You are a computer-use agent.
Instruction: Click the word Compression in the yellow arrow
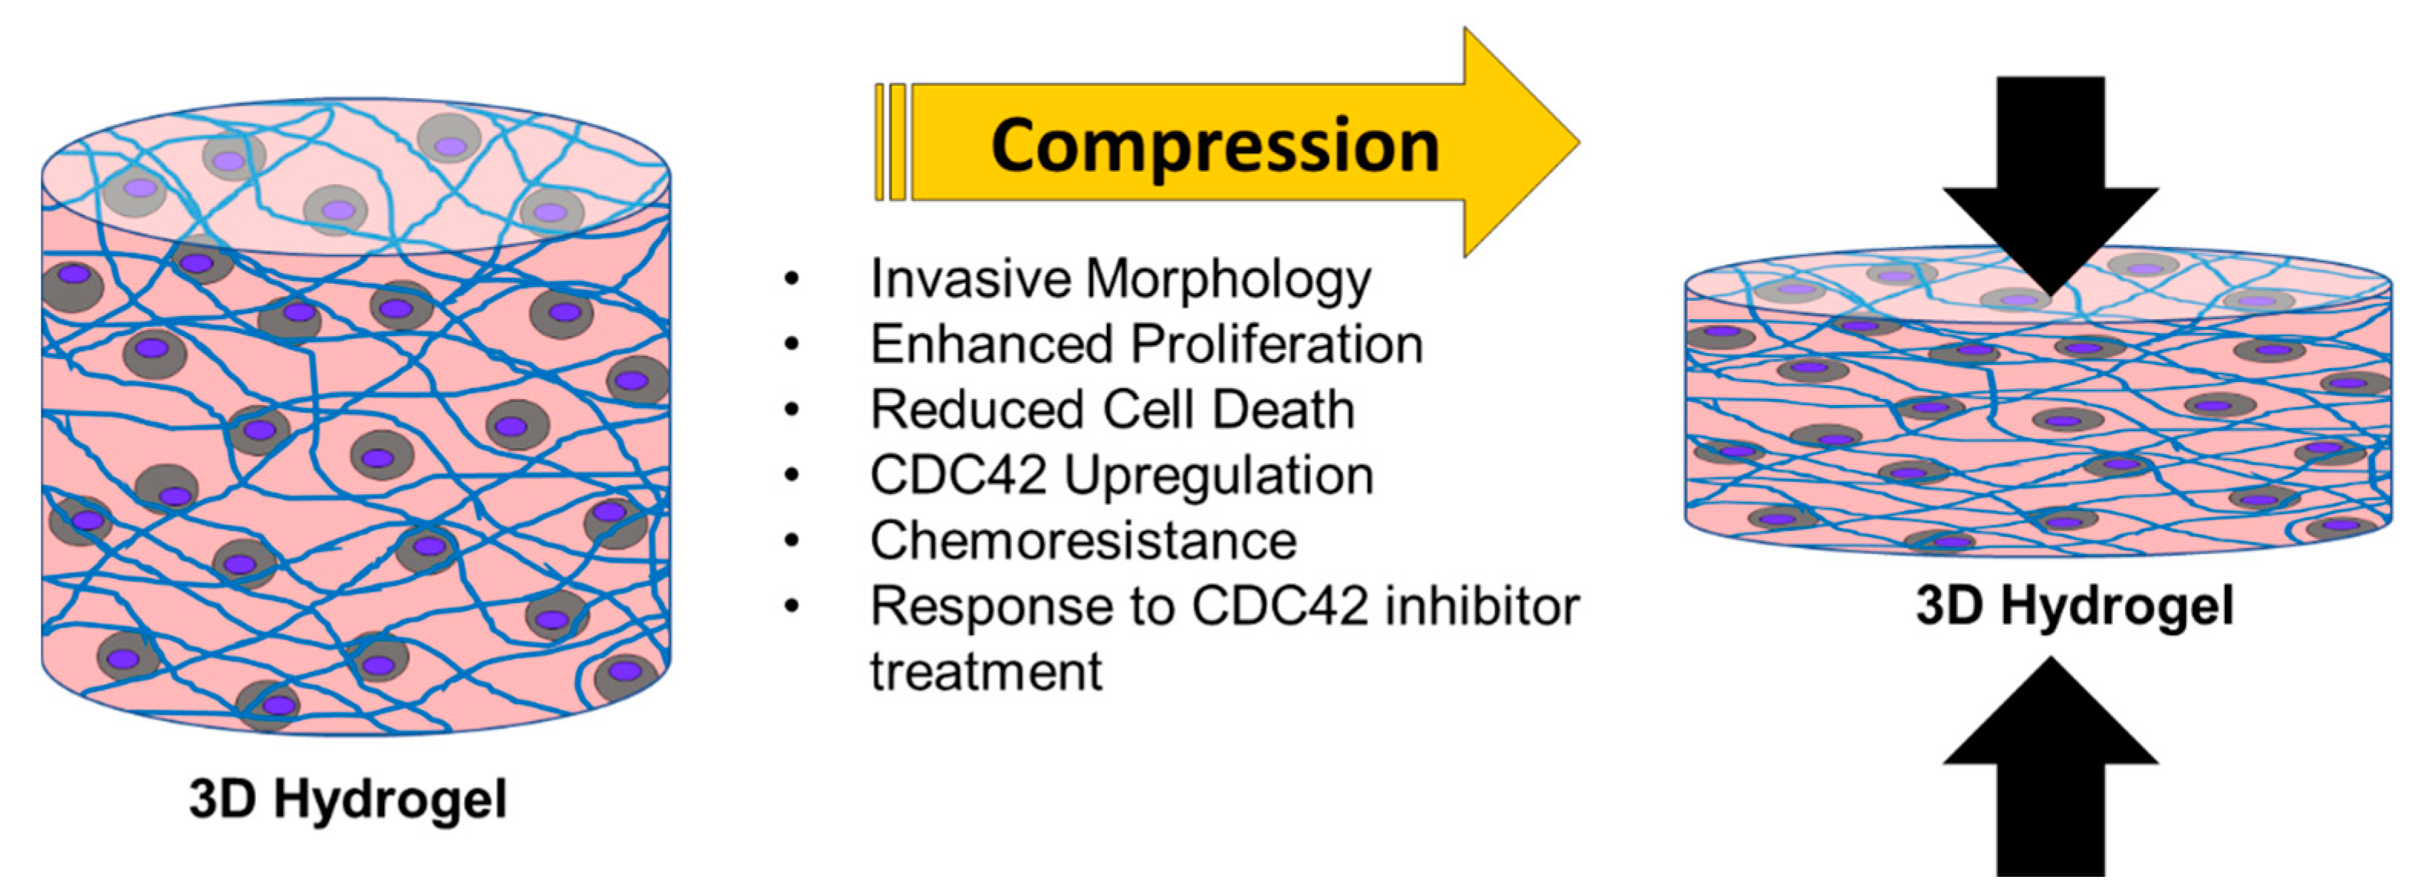coord(1214,147)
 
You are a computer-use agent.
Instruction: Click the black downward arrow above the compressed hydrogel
coord(2051,180)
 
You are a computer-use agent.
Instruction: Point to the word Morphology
coord(1228,281)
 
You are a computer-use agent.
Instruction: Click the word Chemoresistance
coord(1082,541)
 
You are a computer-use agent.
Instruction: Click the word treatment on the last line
coord(986,672)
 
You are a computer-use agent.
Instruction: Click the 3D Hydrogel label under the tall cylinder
coord(348,799)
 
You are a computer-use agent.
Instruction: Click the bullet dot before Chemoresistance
coord(792,541)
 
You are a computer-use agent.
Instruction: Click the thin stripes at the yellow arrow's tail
coord(890,142)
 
